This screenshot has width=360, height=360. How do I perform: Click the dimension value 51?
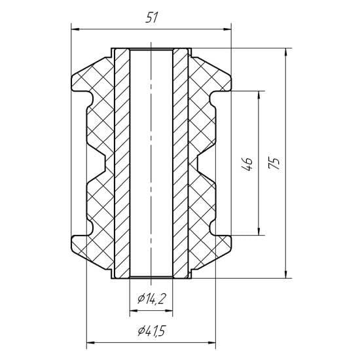click(152, 18)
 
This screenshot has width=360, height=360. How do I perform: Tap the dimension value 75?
click(274, 163)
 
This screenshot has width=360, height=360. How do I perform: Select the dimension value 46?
click(247, 164)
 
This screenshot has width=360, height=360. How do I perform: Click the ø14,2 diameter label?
click(151, 298)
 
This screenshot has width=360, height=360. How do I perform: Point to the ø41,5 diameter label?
click(151, 331)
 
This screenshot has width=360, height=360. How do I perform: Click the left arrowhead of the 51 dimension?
click(75, 29)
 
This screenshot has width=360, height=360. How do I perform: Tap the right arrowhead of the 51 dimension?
click(227, 29)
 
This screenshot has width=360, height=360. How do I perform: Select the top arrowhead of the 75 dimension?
click(285, 52)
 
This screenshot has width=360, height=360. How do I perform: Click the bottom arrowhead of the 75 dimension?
click(285, 274)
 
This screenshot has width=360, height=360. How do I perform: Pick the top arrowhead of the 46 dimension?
click(259, 95)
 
